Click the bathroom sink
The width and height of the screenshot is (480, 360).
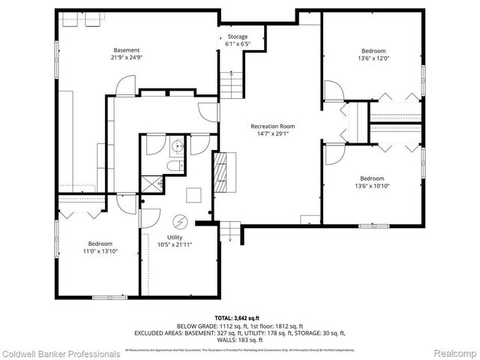point(177,145)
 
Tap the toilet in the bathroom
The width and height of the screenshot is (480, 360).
point(172,166)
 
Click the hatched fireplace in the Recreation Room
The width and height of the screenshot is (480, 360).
point(223,171)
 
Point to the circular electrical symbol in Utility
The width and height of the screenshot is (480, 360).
point(180,222)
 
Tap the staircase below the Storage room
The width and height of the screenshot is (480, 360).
point(232,84)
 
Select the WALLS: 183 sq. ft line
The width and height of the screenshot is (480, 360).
point(240,340)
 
